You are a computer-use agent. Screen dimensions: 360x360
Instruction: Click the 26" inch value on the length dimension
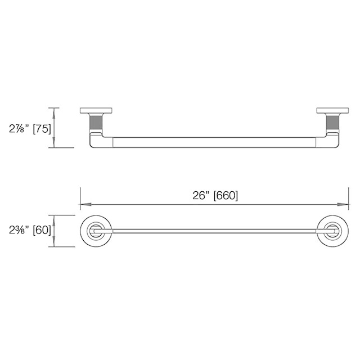point(201,196)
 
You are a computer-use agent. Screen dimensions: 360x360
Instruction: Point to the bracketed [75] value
point(42,128)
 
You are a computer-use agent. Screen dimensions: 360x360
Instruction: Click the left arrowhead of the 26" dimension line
point(82,204)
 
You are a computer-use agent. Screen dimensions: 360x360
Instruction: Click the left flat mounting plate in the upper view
point(97,111)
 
